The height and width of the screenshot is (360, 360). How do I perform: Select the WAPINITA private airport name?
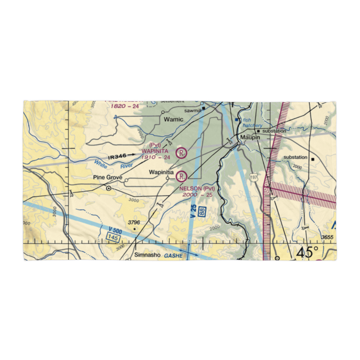point(155,151)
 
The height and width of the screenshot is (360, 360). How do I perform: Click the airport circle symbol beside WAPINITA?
point(182,153)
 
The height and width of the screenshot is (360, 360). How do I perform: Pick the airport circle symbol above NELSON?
point(182,176)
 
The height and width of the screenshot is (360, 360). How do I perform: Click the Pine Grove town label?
point(108,177)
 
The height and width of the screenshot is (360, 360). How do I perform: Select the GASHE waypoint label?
point(174,256)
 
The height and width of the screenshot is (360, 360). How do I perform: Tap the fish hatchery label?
point(252,123)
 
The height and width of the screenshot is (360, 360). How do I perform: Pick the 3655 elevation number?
point(327,237)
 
